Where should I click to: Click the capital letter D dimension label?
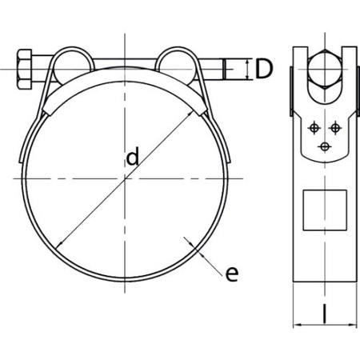[x=262, y=70]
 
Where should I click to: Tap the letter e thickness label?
[x=231, y=274]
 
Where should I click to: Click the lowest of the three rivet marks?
[x=324, y=146]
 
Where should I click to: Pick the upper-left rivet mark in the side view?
[x=314, y=126]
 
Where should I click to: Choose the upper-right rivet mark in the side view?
[x=334, y=126]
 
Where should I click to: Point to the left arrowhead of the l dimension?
[x=297, y=324]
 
